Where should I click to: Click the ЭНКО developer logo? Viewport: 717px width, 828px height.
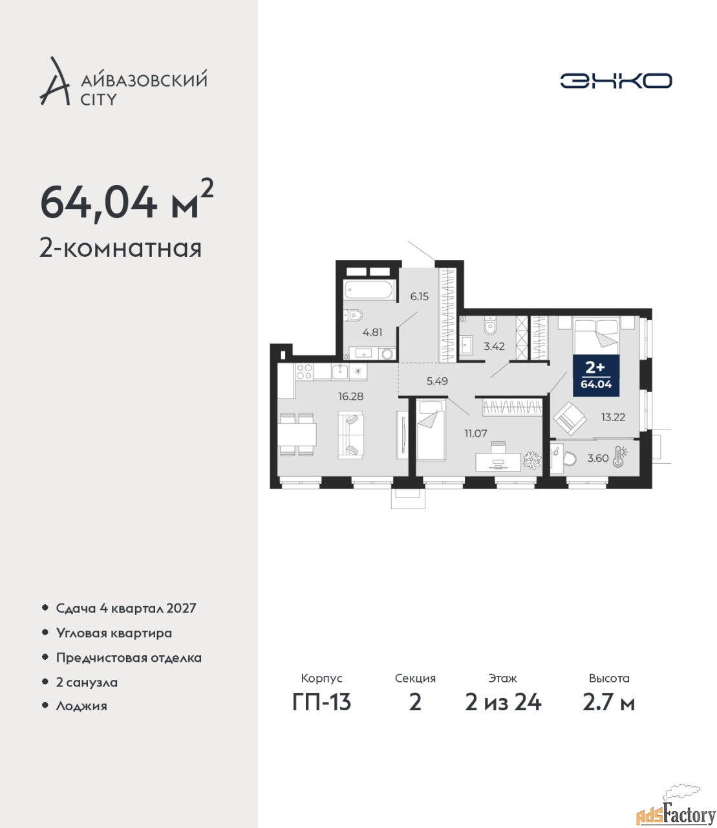(615, 80)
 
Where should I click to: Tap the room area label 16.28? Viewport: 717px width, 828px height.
(350, 396)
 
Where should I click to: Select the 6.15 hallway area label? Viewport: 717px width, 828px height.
(419, 296)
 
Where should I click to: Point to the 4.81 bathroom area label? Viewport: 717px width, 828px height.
(372, 332)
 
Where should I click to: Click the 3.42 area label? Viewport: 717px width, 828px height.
(494, 346)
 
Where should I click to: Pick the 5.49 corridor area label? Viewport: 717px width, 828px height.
(437, 381)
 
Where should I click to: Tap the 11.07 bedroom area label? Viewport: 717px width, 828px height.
(476, 433)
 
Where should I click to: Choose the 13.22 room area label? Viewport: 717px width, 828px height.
(613, 417)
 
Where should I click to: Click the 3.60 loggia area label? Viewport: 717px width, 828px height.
(597, 458)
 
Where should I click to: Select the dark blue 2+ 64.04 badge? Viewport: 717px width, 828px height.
(596, 375)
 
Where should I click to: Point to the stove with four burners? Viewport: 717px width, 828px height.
(305, 371)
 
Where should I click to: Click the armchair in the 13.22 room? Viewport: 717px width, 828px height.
(570, 419)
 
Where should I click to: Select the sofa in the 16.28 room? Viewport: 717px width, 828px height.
(350, 435)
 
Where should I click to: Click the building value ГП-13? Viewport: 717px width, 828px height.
(321, 702)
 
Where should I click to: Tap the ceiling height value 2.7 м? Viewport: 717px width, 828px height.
(608, 702)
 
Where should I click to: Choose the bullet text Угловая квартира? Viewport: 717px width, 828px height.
(114, 633)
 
